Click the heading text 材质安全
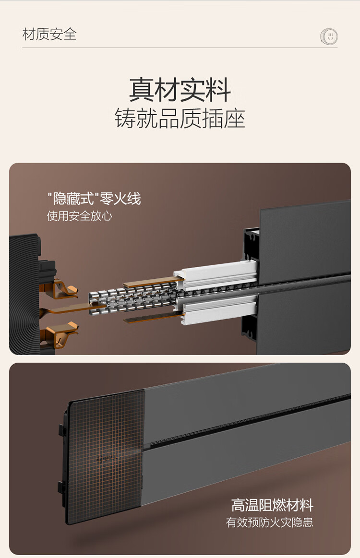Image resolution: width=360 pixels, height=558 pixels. coord(49,34)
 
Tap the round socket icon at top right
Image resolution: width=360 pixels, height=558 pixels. coord(329,36)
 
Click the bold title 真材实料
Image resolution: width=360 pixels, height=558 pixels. coord(180,90)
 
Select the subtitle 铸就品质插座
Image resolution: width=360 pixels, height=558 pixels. coord(180,118)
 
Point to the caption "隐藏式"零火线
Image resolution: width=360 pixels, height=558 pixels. coord(94,198)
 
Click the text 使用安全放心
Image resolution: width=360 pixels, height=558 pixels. coord(80,215)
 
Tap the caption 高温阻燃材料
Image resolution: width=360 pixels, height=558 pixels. coord(273,505)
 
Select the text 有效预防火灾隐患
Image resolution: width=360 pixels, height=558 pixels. coord(270,522)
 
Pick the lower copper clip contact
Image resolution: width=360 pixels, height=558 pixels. coord(60,334)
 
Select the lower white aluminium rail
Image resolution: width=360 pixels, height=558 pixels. coord(217,308)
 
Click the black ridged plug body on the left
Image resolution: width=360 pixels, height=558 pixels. coord(25,294)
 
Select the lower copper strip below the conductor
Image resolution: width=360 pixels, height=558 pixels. coord(151,318)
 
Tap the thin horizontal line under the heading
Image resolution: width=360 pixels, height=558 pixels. coord(180,47)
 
